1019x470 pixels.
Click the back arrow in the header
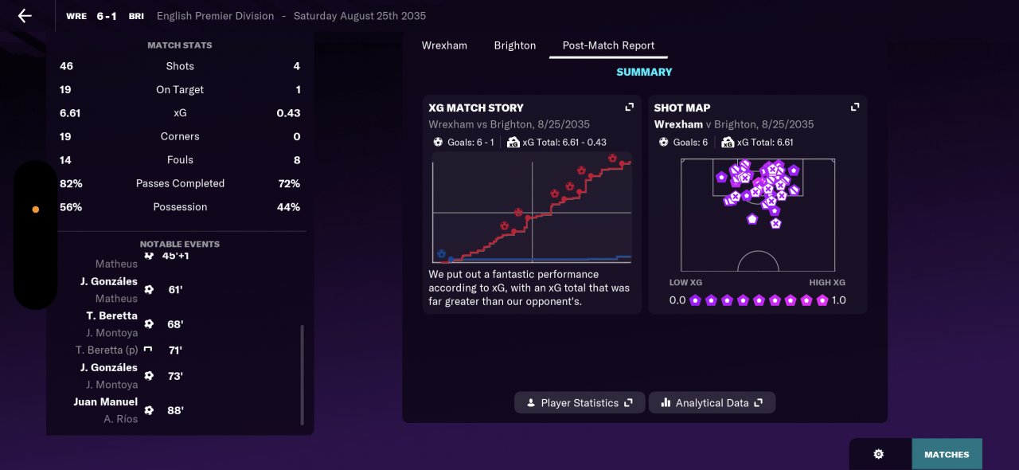coord(25,16)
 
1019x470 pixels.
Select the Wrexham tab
coord(444,45)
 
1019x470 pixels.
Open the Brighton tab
coord(514,45)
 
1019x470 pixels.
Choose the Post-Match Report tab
coord(608,45)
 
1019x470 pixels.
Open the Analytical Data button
coord(712,403)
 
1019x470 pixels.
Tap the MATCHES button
coord(947,455)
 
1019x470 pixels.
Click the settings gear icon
coord(879,454)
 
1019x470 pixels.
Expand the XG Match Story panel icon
coord(629,108)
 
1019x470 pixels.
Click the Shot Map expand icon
coord(855,108)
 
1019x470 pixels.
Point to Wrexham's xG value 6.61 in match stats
coord(70,113)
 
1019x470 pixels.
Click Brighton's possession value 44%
coord(288,207)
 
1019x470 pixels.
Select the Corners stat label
coord(180,136)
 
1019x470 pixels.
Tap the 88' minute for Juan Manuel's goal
coord(175,411)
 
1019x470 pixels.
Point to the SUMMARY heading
coord(644,72)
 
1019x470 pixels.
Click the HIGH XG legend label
coord(827,283)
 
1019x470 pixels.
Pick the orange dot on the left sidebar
coord(35,210)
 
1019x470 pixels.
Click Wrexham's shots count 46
coord(66,66)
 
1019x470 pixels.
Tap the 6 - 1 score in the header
coord(107,16)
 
